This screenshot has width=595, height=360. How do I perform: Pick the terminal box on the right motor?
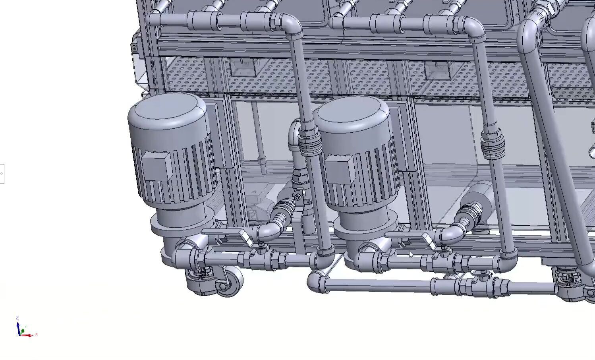(x=338, y=169)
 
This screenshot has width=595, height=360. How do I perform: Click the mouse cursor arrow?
(x=411, y=254)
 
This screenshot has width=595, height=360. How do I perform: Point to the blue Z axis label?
(x=17, y=318)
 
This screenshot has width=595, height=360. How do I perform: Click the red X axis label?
(x=37, y=334)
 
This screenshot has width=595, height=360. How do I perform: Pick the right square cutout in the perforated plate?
(x=437, y=71)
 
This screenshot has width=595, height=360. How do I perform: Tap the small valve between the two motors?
(x=298, y=197)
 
